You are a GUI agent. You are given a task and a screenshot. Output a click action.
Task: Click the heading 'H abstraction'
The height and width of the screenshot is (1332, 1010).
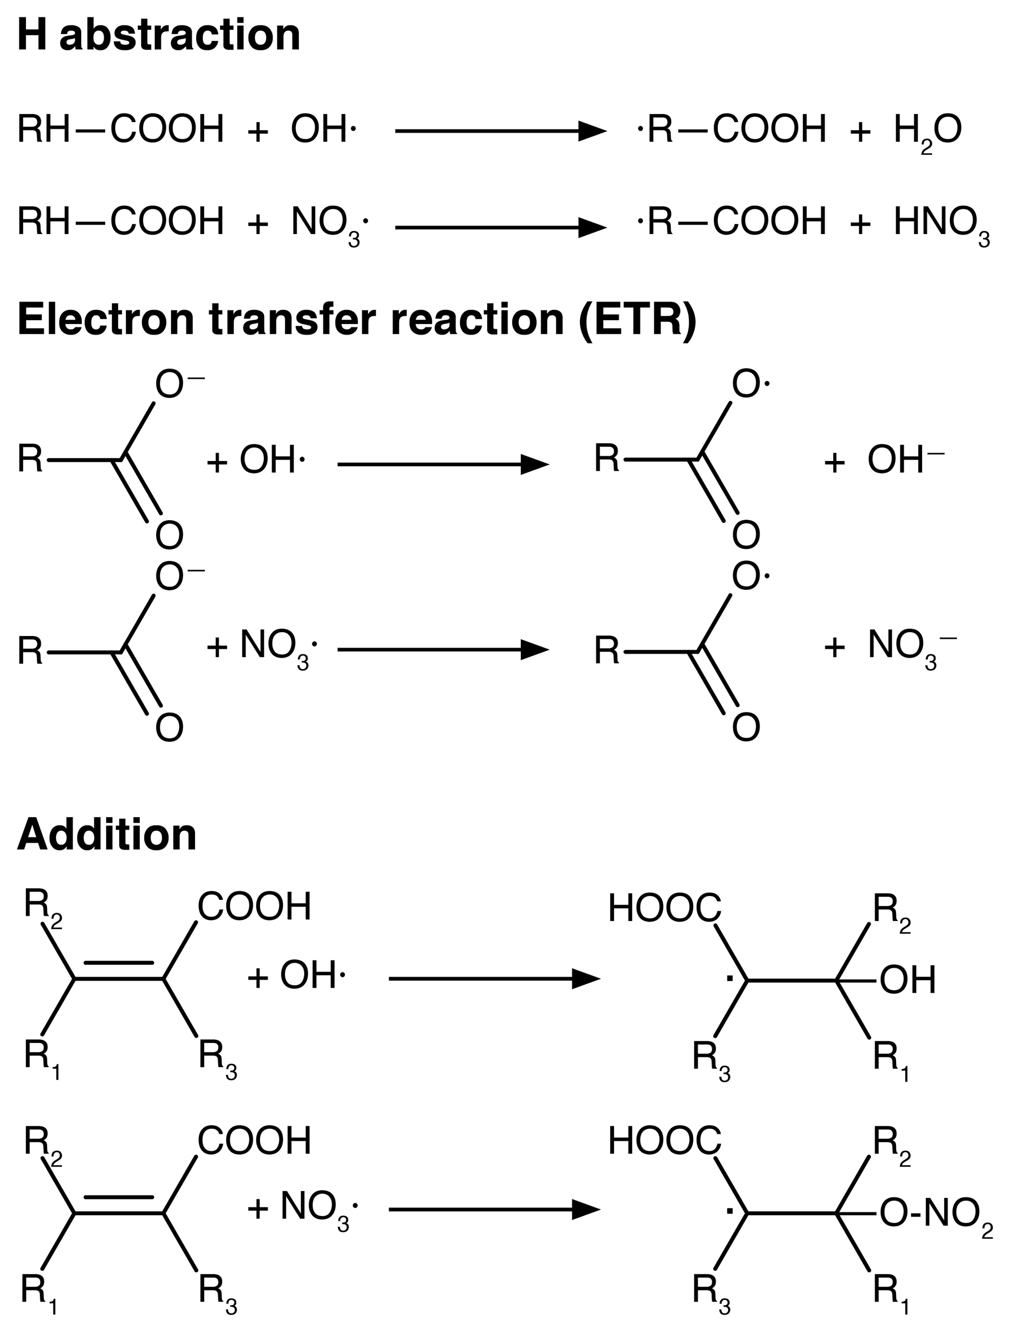pyautogui.click(x=159, y=35)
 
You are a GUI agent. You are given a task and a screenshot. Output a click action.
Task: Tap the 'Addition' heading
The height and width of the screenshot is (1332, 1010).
pyautogui.click(x=107, y=834)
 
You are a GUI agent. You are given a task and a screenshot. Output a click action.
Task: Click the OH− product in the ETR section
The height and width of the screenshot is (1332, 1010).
pyautogui.click(x=904, y=460)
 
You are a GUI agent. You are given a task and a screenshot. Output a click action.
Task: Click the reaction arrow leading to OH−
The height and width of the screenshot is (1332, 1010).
pyautogui.click(x=443, y=464)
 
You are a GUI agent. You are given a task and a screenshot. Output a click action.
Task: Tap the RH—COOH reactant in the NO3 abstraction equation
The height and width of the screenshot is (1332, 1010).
pyautogui.click(x=120, y=221)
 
